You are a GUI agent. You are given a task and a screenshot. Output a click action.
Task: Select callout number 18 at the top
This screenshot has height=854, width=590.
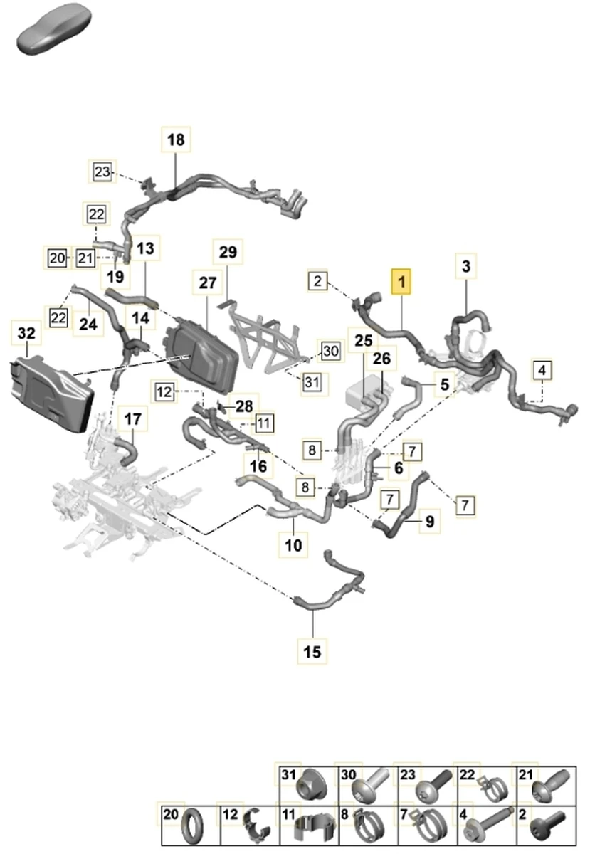click(176, 140)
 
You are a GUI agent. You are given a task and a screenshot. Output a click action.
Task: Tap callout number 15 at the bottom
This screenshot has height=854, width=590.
click(312, 650)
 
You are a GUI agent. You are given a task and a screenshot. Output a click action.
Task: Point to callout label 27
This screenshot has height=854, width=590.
click(207, 283)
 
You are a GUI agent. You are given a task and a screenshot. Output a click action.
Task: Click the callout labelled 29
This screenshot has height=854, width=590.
click(227, 253)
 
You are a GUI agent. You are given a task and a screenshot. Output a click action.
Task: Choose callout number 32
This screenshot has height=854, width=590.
click(26, 333)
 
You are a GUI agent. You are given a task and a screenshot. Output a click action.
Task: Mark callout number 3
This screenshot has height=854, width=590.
click(465, 267)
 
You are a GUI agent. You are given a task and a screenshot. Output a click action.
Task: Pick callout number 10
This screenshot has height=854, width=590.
click(293, 546)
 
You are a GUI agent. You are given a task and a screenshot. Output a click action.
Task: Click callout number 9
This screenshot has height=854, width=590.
click(428, 522)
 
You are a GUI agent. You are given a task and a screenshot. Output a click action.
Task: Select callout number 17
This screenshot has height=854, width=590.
click(133, 420)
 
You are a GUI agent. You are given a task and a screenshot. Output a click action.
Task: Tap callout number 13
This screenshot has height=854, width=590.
click(145, 248)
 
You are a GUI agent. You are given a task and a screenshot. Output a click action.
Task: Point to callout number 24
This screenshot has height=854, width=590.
click(88, 324)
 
